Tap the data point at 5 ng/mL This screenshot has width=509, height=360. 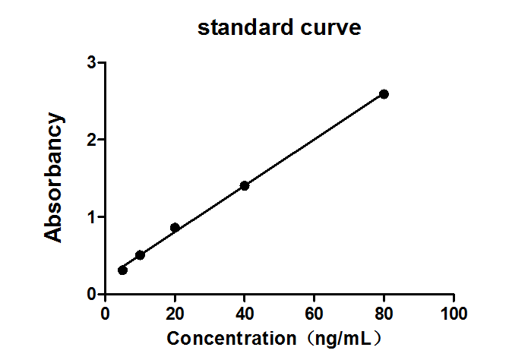[x=123, y=270]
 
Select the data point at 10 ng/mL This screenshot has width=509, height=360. [x=140, y=254]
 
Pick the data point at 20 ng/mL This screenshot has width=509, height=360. [x=175, y=227]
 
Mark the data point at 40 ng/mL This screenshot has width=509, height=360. [x=245, y=185]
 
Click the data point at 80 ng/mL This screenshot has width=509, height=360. [x=384, y=94]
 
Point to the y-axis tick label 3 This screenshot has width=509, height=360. [x=91, y=63]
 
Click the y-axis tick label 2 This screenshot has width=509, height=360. [x=91, y=140]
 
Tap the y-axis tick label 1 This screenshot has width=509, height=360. [x=91, y=217]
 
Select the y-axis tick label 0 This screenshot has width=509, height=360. [x=91, y=294]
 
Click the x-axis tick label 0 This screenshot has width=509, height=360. [x=105, y=313]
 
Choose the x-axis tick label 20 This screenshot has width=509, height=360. [x=175, y=313]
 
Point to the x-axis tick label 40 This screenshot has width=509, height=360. [x=245, y=313]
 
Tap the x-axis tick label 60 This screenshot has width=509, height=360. [x=315, y=313]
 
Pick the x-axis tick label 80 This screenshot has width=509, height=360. [x=384, y=313]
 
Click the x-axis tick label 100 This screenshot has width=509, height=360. [x=454, y=313]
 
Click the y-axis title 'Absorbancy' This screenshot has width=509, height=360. [x=53, y=178]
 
